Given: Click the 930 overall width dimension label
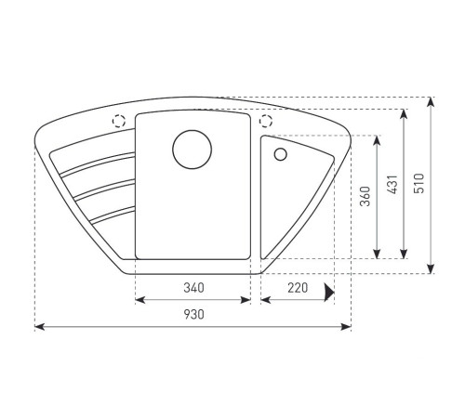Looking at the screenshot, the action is tap(194, 315).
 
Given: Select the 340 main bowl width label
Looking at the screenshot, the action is tap(194, 288).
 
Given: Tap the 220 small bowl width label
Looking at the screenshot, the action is tap(298, 288).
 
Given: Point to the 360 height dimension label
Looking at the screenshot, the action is tap(365, 196).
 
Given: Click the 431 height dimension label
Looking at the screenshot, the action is tap(392, 184).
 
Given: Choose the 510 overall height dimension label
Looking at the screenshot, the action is tap(418, 183).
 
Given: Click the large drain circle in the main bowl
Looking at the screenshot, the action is tap(193, 150).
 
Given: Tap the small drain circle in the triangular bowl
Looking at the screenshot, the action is tap(281, 154).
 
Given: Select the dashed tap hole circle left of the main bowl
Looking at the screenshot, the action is tap(119, 121).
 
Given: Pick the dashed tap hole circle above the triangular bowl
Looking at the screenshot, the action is tap(266, 121).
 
